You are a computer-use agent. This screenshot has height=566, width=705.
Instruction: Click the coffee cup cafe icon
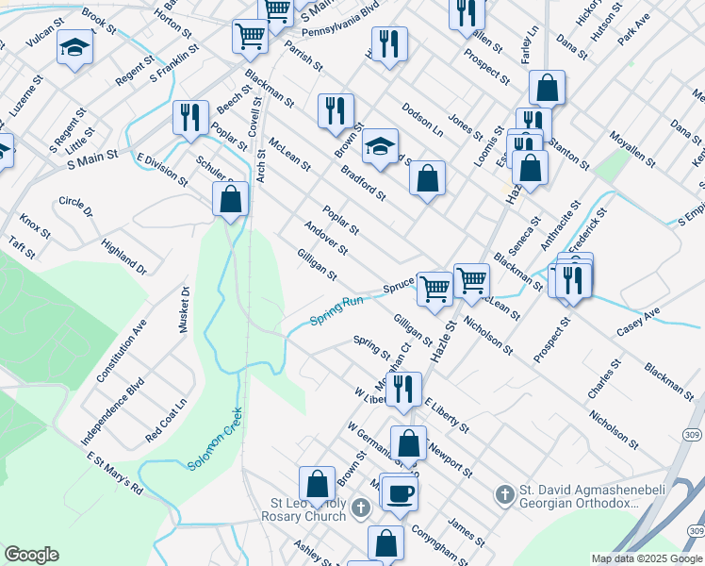[x=399, y=492]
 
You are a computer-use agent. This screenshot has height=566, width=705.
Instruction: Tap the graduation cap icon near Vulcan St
[x=74, y=47]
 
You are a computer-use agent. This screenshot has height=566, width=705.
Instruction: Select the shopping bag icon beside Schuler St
[x=230, y=199]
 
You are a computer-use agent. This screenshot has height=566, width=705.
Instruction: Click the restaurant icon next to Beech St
[x=190, y=117]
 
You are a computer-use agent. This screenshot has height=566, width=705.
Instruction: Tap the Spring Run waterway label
[x=337, y=311]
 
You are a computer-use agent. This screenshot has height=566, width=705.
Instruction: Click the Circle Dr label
[x=75, y=207]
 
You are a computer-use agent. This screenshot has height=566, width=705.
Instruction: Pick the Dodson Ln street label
[x=421, y=117]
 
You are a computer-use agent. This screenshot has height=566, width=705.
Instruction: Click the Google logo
[x=31, y=555]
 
